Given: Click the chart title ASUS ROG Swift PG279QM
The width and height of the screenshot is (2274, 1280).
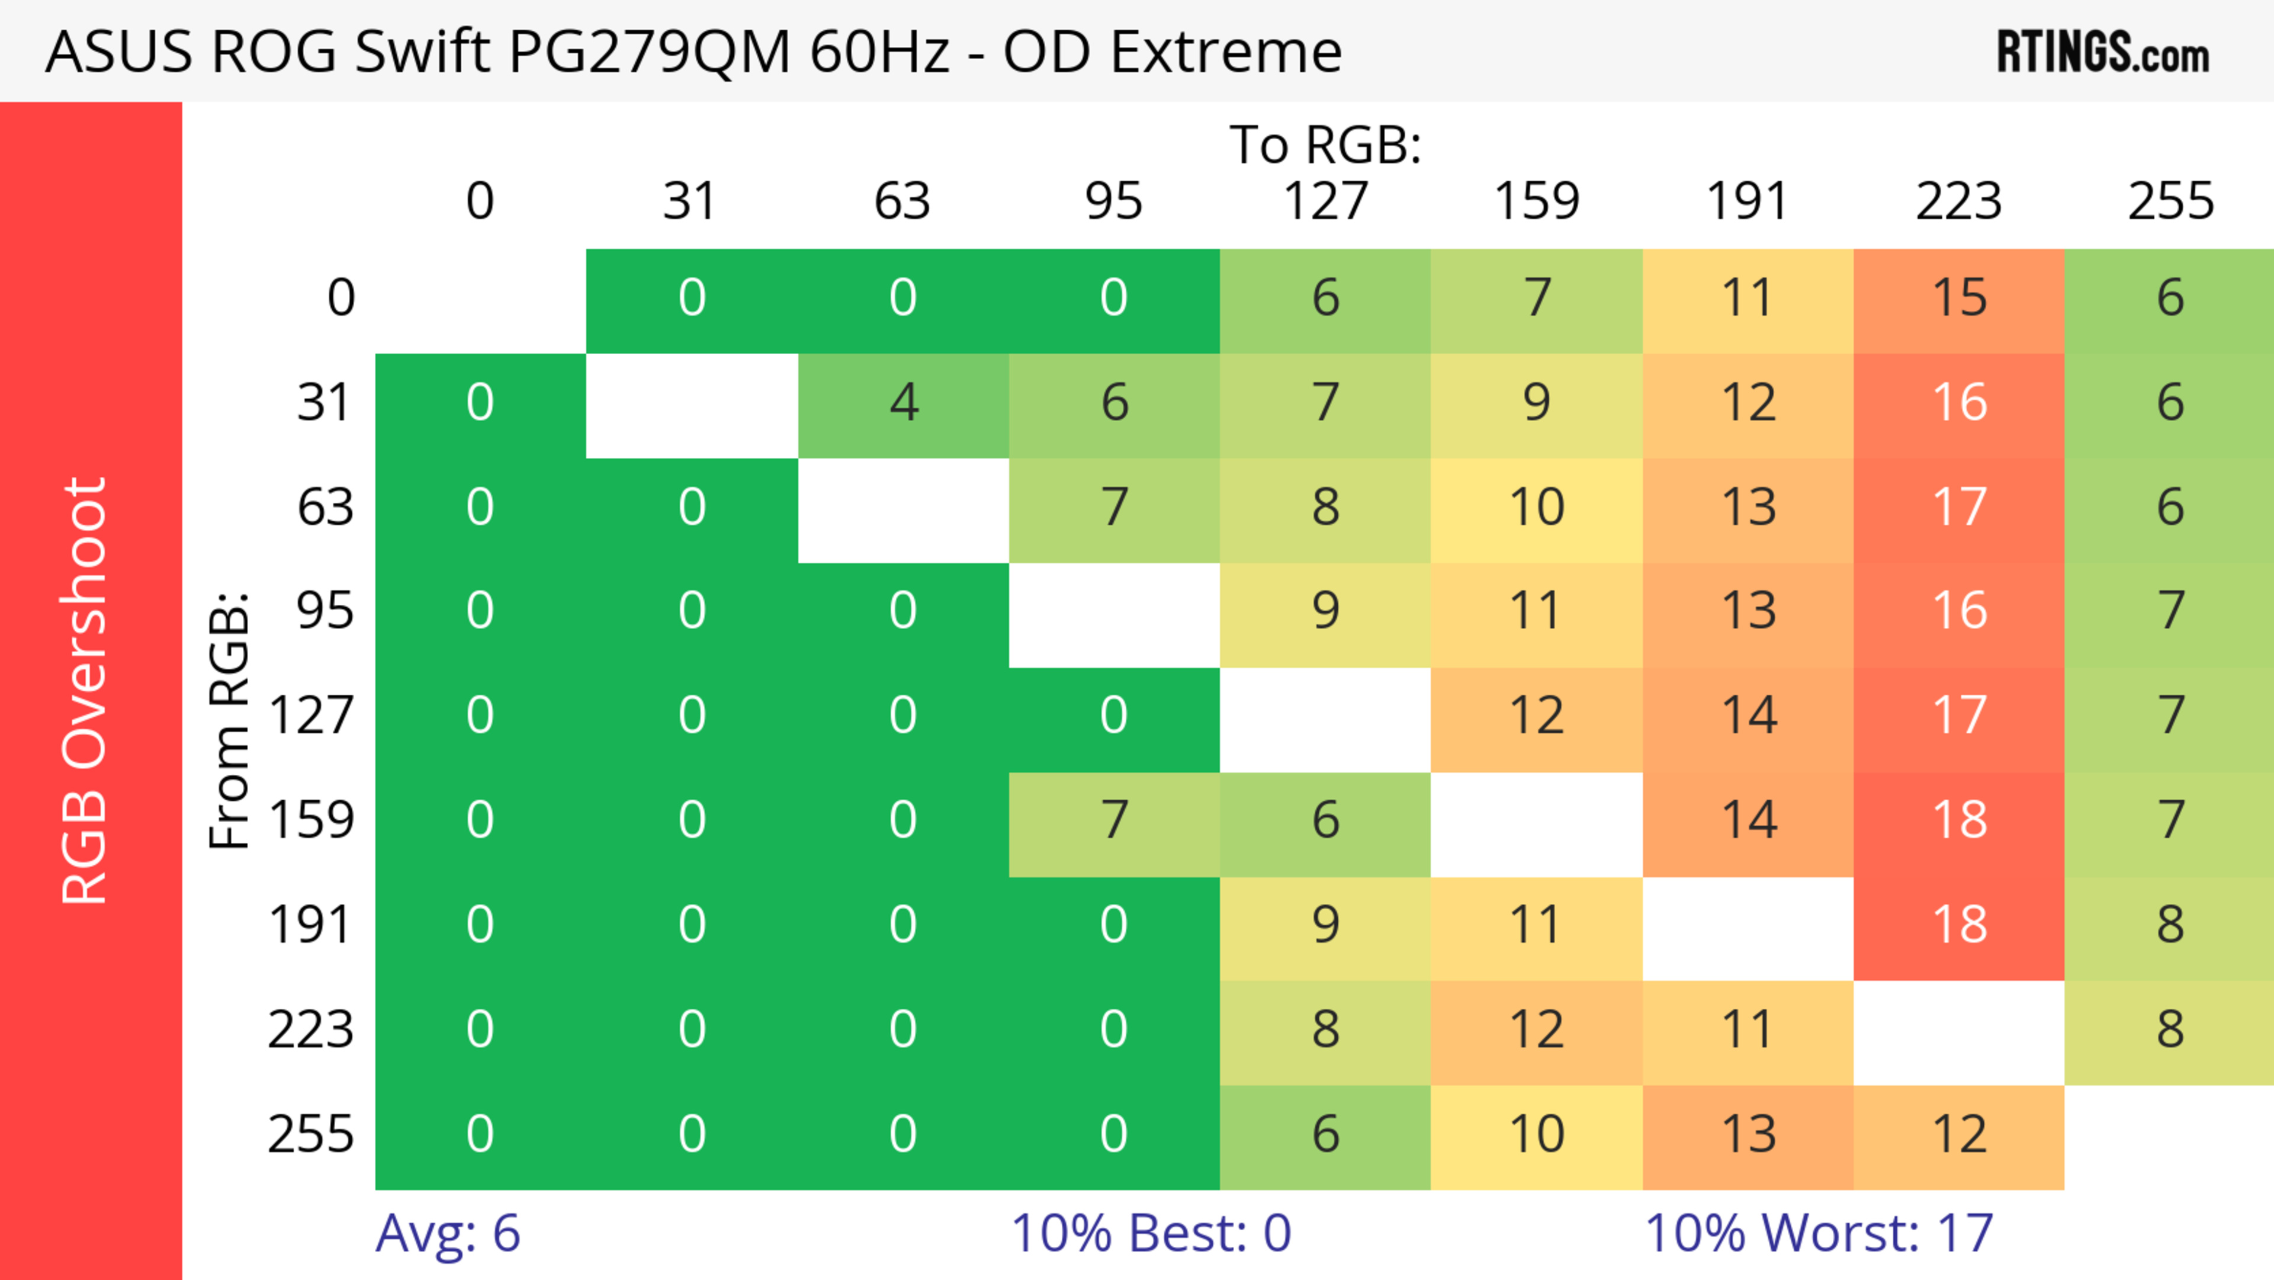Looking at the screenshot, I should (x=693, y=51).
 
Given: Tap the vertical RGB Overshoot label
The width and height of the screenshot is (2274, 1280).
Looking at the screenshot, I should (x=85, y=690).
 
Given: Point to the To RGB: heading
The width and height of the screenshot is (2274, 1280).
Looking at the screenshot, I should (x=1325, y=144).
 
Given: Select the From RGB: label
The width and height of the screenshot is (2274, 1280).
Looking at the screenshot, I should (x=229, y=720).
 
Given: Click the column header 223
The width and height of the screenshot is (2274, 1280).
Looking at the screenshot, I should (x=1959, y=201).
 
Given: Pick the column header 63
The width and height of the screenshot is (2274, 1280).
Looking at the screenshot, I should (x=902, y=201).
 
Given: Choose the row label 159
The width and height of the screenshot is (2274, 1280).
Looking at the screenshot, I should (x=311, y=819).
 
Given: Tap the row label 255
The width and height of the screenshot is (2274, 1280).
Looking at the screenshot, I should (x=311, y=1134).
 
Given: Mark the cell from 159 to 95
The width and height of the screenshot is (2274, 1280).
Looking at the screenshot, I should (x=1114, y=819).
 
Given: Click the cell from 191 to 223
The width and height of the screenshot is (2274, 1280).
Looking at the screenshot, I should (x=1959, y=924).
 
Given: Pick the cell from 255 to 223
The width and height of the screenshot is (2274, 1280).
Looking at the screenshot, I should (x=1959, y=1134).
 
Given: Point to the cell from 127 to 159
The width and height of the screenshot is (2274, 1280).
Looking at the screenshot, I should (x=1536, y=715).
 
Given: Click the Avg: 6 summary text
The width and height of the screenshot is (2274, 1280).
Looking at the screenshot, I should (x=448, y=1233).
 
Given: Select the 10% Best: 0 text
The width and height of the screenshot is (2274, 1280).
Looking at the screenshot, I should (x=1150, y=1233).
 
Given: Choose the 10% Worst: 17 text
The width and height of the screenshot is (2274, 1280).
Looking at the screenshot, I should (x=1819, y=1233).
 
